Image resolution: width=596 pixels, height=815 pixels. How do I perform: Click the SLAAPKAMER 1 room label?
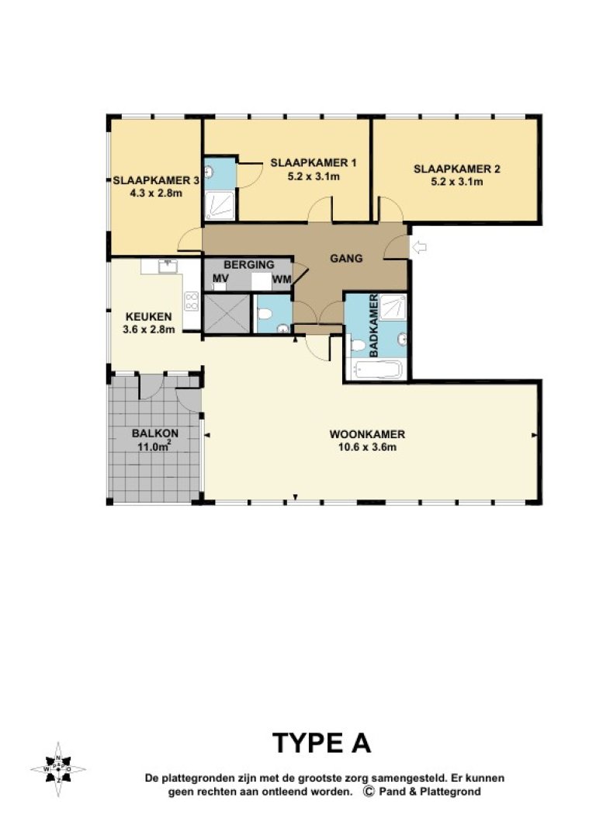pos(314,163)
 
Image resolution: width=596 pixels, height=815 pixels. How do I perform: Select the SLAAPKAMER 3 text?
pos(156,180)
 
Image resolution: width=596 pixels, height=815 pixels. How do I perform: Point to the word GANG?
pos(346,259)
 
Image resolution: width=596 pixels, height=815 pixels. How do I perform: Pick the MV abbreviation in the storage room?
pos(220,278)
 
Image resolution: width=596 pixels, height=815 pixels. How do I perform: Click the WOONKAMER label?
pos(367,434)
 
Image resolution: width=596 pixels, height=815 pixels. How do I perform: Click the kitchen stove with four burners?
pos(191,301)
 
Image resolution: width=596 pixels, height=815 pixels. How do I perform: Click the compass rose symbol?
pos(58,769)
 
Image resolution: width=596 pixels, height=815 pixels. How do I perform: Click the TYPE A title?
pos(321,744)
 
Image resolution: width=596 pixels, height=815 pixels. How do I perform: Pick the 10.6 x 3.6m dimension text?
pos(367,447)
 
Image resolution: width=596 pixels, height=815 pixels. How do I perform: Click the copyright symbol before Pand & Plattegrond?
pos(369,792)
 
